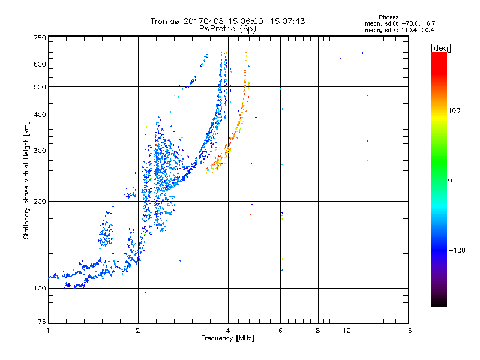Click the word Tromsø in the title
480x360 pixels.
point(164,21)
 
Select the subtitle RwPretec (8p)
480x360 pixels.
point(227,28)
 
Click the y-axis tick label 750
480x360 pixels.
point(40,38)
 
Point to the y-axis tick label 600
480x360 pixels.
point(40,64)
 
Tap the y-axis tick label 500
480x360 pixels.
point(40,86)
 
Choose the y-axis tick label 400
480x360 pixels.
point(40,115)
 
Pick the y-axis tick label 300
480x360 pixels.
point(40,151)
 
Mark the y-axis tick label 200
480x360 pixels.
point(40,201)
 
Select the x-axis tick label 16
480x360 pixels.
point(407,331)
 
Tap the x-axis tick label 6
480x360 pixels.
point(280,331)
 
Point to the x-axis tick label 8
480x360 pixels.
point(317,331)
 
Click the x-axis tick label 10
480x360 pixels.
point(346,331)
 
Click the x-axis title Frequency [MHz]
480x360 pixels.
point(227,338)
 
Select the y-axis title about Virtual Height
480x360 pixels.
point(26,180)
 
